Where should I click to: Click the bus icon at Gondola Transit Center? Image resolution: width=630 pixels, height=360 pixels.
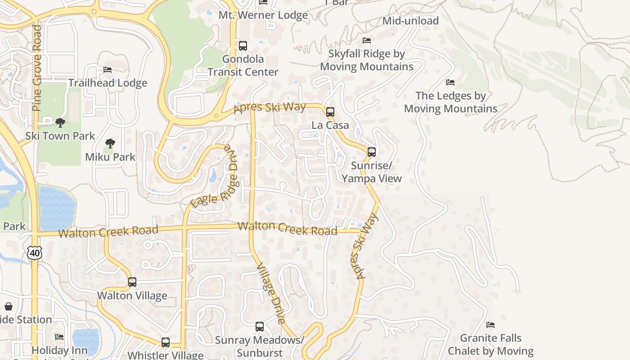(243, 45)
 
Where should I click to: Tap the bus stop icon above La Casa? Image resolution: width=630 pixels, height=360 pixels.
(330, 112)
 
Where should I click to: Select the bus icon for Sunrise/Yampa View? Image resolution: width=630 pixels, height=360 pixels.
(372, 152)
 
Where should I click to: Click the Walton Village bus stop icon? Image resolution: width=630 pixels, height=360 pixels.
(132, 282)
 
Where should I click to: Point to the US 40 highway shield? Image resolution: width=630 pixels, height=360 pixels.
(35, 252)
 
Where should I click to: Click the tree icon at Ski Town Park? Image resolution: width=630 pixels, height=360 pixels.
(60, 123)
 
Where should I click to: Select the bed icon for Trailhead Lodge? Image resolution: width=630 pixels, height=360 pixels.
(108, 70)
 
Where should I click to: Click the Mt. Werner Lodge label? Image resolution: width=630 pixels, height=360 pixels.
(263, 15)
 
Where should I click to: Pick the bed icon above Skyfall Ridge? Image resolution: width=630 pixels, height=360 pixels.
(367, 40)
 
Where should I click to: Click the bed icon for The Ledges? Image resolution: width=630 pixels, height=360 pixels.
(450, 82)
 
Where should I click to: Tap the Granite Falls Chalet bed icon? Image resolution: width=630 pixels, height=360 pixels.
(490, 325)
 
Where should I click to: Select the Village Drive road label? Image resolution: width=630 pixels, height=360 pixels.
(271, 293)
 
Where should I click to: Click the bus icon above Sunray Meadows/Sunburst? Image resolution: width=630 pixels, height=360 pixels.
(260, 327)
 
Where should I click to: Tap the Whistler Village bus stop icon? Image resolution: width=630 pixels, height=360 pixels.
(166, 342)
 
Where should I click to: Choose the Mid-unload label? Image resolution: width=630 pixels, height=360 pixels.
(410, 21)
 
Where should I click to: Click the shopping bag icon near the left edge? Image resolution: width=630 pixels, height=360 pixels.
(9, 306)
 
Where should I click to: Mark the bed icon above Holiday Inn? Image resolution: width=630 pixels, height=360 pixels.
(59, 337)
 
